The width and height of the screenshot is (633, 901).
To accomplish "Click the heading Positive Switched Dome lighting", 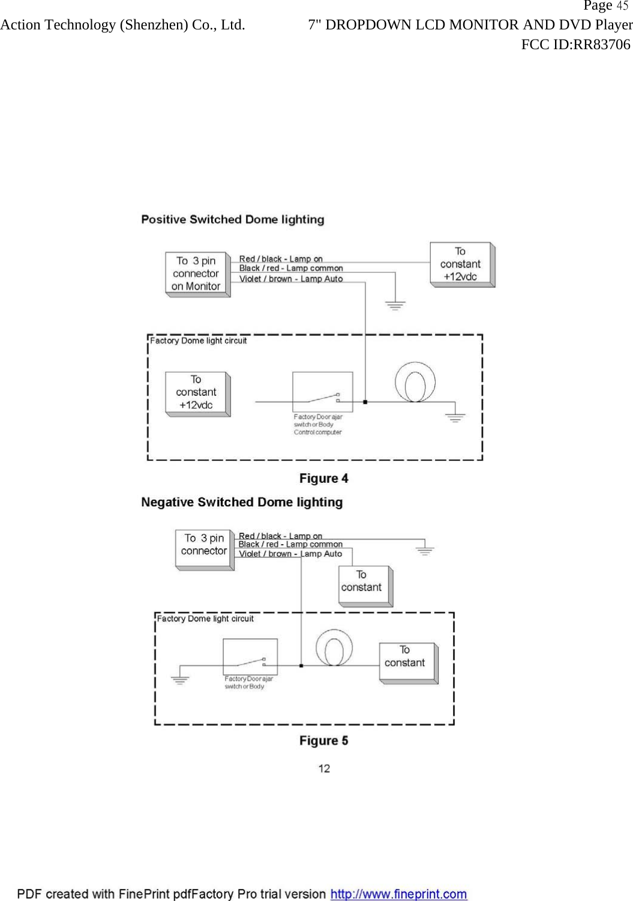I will coord(232,220).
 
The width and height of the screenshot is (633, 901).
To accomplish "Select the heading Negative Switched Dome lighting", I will coord(242,502).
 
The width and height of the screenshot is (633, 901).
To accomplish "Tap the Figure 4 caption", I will coord(323,479).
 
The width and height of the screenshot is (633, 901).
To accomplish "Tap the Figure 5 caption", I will coord(323,741).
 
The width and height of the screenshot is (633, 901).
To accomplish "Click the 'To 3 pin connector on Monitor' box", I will coord(196,274).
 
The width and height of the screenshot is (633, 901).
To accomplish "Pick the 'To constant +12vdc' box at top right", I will coord(461,264).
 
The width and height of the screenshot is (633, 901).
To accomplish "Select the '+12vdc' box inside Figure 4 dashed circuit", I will coord(196,392).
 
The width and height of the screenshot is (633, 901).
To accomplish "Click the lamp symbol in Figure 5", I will coord(334,647).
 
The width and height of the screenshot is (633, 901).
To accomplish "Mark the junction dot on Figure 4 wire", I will coord(365,402).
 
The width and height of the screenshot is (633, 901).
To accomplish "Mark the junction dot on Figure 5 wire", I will coord(301,665).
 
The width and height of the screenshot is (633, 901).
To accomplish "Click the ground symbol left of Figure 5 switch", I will coord(179,680).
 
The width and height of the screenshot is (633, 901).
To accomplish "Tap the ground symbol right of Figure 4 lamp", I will coord(455,417).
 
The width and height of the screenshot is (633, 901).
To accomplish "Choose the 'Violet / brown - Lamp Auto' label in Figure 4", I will coord(291,279).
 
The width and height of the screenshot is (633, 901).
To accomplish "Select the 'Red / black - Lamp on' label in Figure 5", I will coord(280,536).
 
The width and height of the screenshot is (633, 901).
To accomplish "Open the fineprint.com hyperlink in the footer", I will coord(398,894).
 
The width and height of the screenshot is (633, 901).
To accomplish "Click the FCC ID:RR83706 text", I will coord(575,44).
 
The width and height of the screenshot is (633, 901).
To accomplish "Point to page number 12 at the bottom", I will coord(324,768).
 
